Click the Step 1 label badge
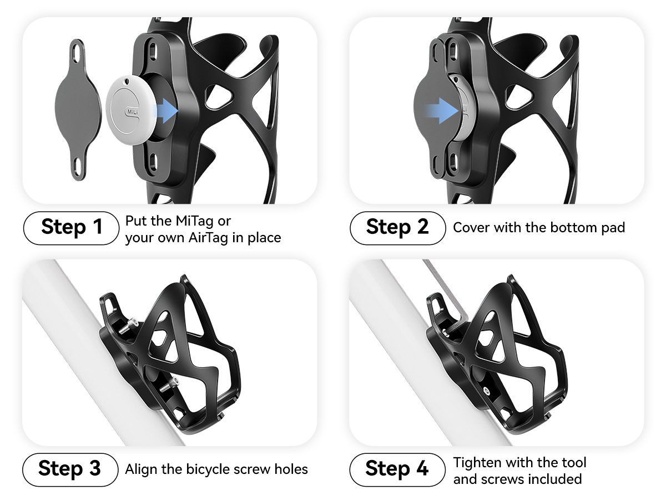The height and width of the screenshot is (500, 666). point(71,228)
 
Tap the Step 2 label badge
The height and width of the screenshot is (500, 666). point(397,228)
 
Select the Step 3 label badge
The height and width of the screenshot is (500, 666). point(70,469)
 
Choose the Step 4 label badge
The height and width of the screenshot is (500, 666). point(397,469)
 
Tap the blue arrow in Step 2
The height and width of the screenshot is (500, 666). point(441,110)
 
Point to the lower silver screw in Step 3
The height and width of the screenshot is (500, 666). point(171,382)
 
